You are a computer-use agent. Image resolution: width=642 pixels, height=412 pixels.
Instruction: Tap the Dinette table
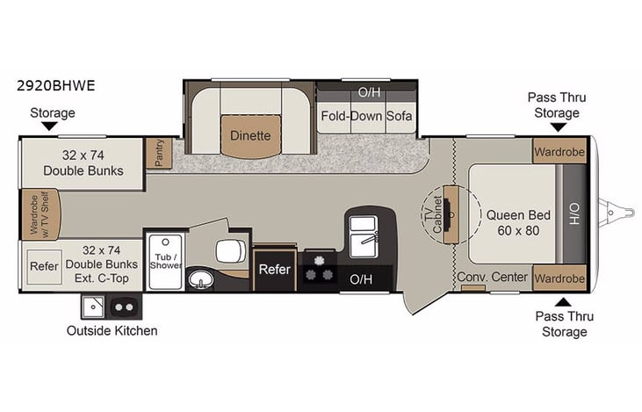[x=250, y=136]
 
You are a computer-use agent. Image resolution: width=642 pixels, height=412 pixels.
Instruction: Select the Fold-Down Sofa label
[x=367, y=116]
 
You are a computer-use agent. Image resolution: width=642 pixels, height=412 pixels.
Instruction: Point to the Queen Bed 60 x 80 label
[x=513, y=222]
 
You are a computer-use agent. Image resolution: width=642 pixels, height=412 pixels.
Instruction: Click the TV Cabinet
[x=451, y=214]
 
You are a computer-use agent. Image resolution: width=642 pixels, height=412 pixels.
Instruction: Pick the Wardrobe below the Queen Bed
[x=559, y=277]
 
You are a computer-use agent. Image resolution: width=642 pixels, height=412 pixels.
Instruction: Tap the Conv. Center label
[x=493, y=278]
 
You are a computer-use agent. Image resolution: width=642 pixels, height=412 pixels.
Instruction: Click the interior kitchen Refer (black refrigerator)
[x=274, y=270]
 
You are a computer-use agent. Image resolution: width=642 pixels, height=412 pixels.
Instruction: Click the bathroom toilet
[x=232, y=251]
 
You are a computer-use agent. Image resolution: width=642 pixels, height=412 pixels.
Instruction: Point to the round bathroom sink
[x=201, y=281]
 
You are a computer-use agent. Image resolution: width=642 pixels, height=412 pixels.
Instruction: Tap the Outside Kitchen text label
[x=112, y=330]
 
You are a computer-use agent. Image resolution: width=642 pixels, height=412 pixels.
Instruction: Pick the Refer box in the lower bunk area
[x=43, y=265]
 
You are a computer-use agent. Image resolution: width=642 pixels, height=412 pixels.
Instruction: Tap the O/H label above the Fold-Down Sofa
[x=367, y=91]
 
